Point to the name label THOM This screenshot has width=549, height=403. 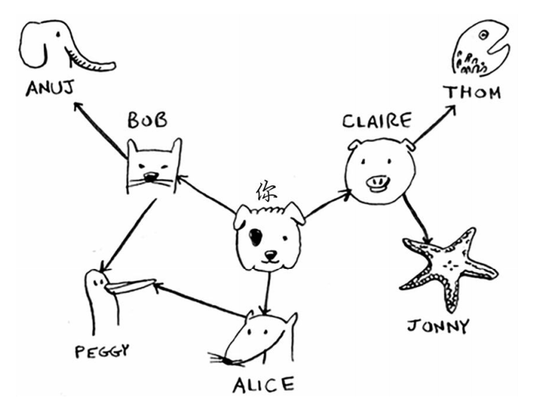(x=473, y=92)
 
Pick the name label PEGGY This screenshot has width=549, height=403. (x=102, y=353)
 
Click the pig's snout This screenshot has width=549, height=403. (x=379, y=182)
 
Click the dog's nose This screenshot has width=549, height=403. (x=270, y=256)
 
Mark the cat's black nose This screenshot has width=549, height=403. (x=150, y=177)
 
